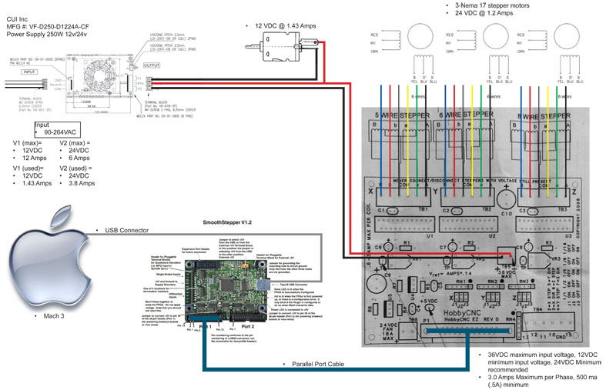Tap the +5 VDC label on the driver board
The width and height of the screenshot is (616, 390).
tap(430, 302)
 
